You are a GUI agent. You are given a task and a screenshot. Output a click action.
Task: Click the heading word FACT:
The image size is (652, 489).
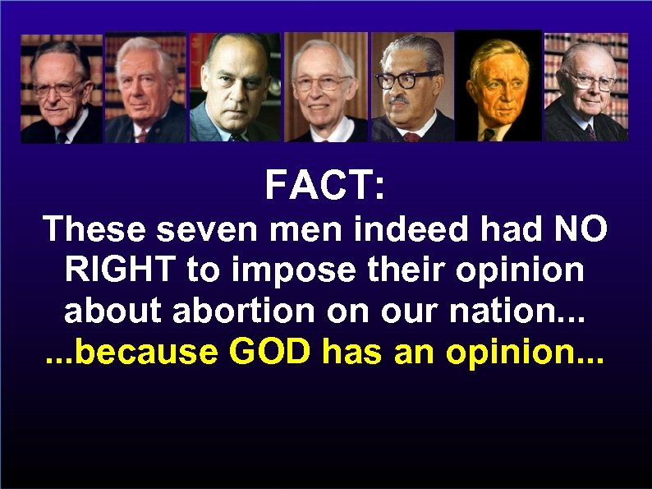point(324,186)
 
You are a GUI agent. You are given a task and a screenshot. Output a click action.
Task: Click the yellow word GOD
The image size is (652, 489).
point(271,352)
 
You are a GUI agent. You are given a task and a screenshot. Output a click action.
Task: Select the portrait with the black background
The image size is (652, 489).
point(498,86)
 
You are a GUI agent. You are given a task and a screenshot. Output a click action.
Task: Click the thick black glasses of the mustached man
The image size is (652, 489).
point(408,80)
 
